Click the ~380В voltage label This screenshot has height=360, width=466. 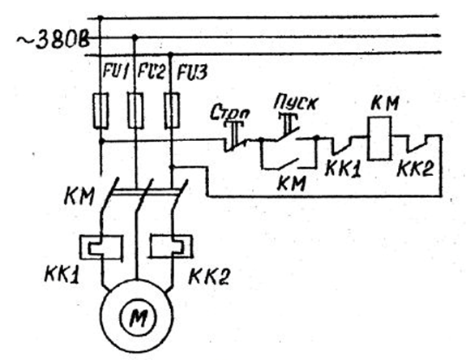tap(53, 40)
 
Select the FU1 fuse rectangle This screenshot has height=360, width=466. tap(100, 110)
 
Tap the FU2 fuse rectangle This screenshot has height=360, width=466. tap(135, 110)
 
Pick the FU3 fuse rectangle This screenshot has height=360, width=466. tap(172, 110)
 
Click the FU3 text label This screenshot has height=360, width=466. tap(192, 72)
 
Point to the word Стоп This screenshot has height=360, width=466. tap(229, 113)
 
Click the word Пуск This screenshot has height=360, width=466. tap(296, 102)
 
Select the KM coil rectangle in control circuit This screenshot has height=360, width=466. tap(379, 138)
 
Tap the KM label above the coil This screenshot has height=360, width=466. tap(385, 103)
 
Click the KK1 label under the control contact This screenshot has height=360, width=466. tap(343, 169)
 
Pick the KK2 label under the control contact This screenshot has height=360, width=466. tap(415, 168)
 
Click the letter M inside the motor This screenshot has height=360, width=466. tap(138, 317)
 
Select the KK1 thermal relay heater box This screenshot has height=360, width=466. tap(101, 247)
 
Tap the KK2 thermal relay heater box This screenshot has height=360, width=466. tap(171, 246)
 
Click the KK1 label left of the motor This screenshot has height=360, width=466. tap(62, 273)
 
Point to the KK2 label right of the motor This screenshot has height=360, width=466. tap(209, 276)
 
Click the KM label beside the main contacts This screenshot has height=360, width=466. tap(79, 196)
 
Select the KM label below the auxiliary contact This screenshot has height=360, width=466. tap(291, 182)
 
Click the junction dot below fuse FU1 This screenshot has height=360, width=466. tap(101, 140)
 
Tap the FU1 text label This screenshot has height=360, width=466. tap(116, 71)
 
